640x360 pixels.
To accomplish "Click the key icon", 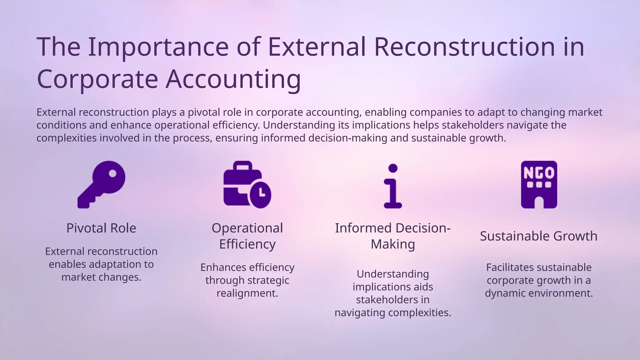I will click(101, 184).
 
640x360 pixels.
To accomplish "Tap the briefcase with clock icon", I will click(247, 184).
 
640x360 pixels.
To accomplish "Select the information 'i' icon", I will click(393, 186).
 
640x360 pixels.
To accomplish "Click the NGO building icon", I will click(539, 184).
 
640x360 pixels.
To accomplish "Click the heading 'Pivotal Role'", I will click(101, 228).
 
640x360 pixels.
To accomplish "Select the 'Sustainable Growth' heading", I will click(539, 236).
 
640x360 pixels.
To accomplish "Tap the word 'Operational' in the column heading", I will click(247, 228).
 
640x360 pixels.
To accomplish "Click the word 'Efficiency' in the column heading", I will click(247, 244).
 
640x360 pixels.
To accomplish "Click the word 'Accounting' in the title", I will click(233, 79).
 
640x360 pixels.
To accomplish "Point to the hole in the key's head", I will click(112, 173).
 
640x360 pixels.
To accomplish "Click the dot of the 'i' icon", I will click(393, 168).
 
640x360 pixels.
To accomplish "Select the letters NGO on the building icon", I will click(539, 173).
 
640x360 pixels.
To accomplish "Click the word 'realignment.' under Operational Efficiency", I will click(247, 293).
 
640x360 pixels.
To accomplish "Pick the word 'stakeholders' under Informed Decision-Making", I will click(393, 300).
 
